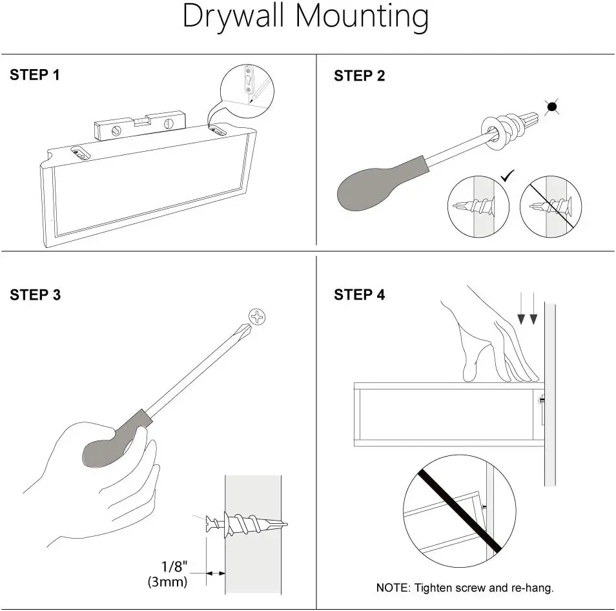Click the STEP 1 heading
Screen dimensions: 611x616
[x=35, y=75]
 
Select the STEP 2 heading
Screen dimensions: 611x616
[x=359, y=76]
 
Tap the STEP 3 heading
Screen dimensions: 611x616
[x=35, y=295]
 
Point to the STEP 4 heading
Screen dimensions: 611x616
[x=359, y=295]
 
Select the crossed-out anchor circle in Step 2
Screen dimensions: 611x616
[x=550, y=207]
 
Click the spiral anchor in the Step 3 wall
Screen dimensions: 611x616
[x=252, y=523]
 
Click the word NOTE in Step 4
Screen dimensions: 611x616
[x=392, y=588]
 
